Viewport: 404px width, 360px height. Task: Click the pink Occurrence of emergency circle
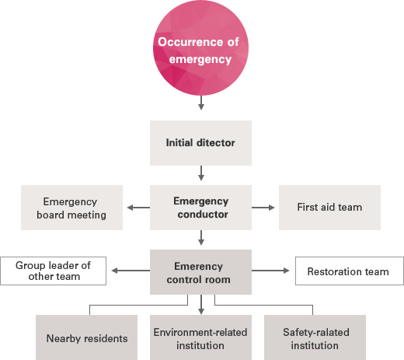200,47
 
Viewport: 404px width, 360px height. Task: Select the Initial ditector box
200,143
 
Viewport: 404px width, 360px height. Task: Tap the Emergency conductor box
200,208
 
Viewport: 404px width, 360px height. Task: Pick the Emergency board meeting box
71,208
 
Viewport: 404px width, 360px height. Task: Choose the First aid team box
329,208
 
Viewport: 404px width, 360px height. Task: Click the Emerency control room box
200,272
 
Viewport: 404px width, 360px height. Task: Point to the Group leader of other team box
53,271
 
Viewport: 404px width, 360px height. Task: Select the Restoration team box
350,271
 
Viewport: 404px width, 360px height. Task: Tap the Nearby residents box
86,337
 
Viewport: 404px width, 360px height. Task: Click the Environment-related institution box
200,337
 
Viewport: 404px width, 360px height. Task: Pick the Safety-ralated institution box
315,337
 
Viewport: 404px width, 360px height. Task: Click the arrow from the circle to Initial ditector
201,103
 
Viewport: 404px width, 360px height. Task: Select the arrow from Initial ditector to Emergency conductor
201,173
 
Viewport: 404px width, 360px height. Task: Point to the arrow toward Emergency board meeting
138,208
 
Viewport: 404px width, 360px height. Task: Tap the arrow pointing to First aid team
263,208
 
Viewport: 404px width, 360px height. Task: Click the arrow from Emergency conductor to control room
201,238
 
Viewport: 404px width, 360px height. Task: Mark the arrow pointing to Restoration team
270,271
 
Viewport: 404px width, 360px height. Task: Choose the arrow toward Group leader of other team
131,271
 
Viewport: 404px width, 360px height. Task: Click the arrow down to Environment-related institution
201,305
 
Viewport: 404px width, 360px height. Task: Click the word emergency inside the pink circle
200,59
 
